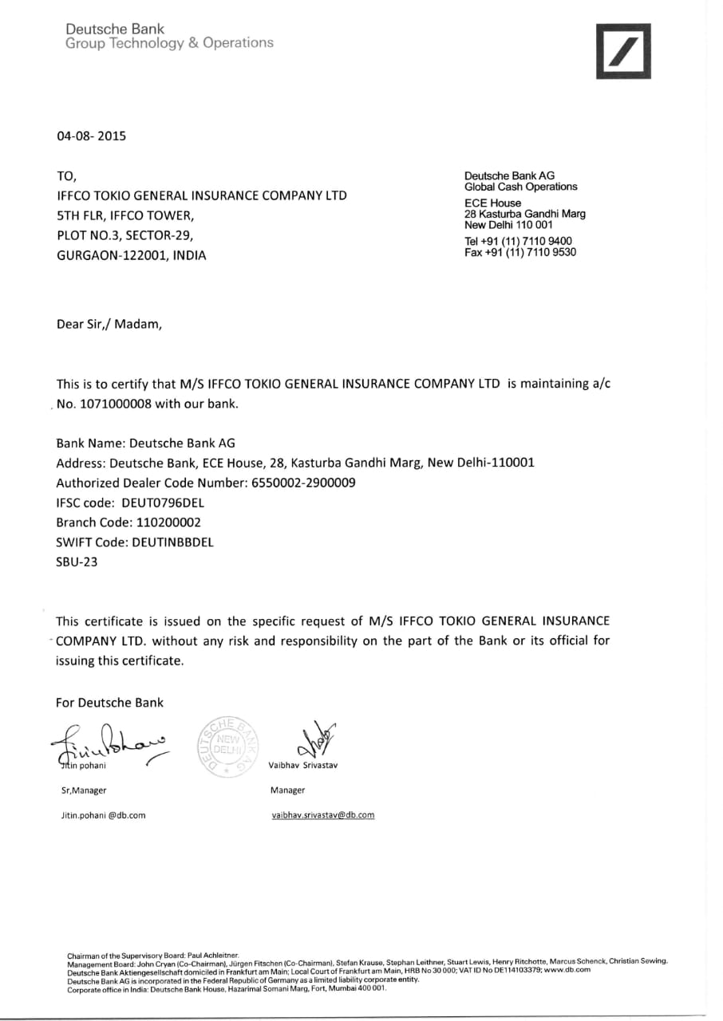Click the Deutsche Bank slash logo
point(623,52)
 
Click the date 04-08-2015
point(91,136)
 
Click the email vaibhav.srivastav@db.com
point(322,814)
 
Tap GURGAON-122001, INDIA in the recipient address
point(131,255)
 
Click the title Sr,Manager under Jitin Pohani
point(84,790)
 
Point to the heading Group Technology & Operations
point(169,43)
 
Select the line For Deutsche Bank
point(109,703)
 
